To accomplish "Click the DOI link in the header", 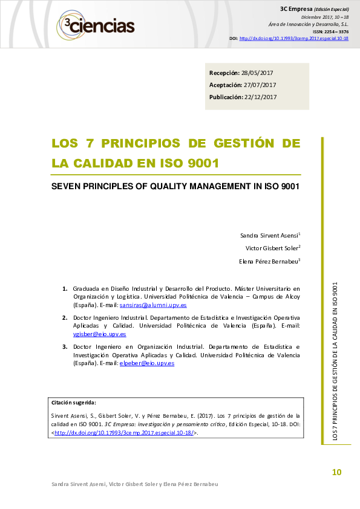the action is (x=294, y=38).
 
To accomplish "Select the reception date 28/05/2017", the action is (x=257, y=72).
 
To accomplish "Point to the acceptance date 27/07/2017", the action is (x=260, y=85).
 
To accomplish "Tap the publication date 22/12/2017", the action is (x=260, y=97).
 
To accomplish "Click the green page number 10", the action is (x=336, y=472).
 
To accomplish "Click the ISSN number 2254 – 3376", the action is (x=335, y=31).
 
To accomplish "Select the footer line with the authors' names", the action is (x=134, y=484).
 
